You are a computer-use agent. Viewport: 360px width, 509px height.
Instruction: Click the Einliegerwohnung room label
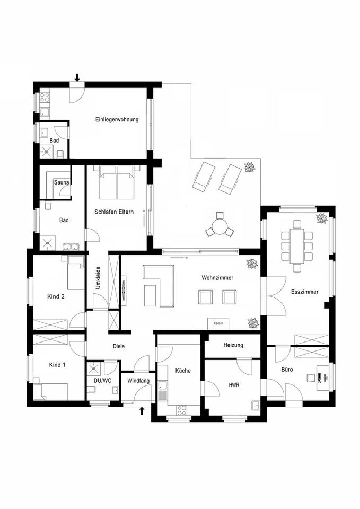117,120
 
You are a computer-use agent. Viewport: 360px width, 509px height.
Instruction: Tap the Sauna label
59,183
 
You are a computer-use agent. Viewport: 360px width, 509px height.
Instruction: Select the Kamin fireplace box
217,323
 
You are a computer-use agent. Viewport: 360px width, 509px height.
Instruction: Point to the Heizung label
233,345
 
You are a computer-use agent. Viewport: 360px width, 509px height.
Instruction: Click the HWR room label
233,385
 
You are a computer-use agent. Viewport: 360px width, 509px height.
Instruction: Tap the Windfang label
138,381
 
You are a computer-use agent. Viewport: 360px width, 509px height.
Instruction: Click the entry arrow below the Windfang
142,410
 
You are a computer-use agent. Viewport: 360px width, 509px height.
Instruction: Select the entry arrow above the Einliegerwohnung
77,77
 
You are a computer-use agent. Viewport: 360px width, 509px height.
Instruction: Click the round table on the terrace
218,225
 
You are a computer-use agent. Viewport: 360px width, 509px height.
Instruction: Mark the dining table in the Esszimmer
296,244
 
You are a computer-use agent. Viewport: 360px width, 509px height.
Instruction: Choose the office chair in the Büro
310,378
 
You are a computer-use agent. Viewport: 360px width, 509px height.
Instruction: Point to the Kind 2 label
56,296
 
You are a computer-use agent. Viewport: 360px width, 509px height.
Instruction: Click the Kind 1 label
56,365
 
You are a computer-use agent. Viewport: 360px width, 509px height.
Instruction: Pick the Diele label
119,346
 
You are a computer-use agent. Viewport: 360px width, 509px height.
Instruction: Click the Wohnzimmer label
217,277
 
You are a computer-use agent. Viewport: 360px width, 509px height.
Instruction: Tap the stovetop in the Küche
182,409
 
